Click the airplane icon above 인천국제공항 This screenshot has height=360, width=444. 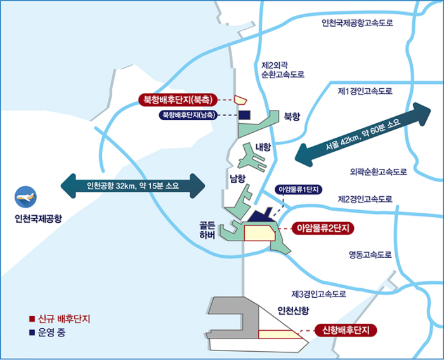click(25, 197)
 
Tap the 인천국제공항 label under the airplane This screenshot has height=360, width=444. click(38, 218)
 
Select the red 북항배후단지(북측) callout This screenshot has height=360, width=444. click(178, 100)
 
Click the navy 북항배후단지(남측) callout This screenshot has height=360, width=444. click(188, 115)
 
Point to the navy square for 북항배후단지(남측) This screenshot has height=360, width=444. click(244, 115)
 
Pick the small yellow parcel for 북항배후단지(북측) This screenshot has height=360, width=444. click(240, 100)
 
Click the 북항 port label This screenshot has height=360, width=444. click(292, 116)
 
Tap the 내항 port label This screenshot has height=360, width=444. click(263, 147)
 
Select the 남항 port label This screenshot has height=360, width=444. click(238, 178)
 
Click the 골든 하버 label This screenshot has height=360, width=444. click(207, 230)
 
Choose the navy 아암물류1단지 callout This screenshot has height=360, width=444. click(299, 190)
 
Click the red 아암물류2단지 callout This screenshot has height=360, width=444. click(323, 228)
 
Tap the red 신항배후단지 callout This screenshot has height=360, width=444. click(346, 330)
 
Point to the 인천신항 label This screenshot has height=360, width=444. click(293, 310)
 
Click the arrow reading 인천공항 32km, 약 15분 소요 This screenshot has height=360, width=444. click(133, 186)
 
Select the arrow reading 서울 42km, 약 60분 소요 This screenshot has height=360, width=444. click(363, 135)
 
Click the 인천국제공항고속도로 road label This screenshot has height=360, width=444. click(357, 23)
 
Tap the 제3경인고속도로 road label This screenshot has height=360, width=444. click(319, 294)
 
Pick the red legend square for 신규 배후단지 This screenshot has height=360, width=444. click(32, 319)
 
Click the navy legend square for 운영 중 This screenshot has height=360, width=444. click(32, 332)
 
